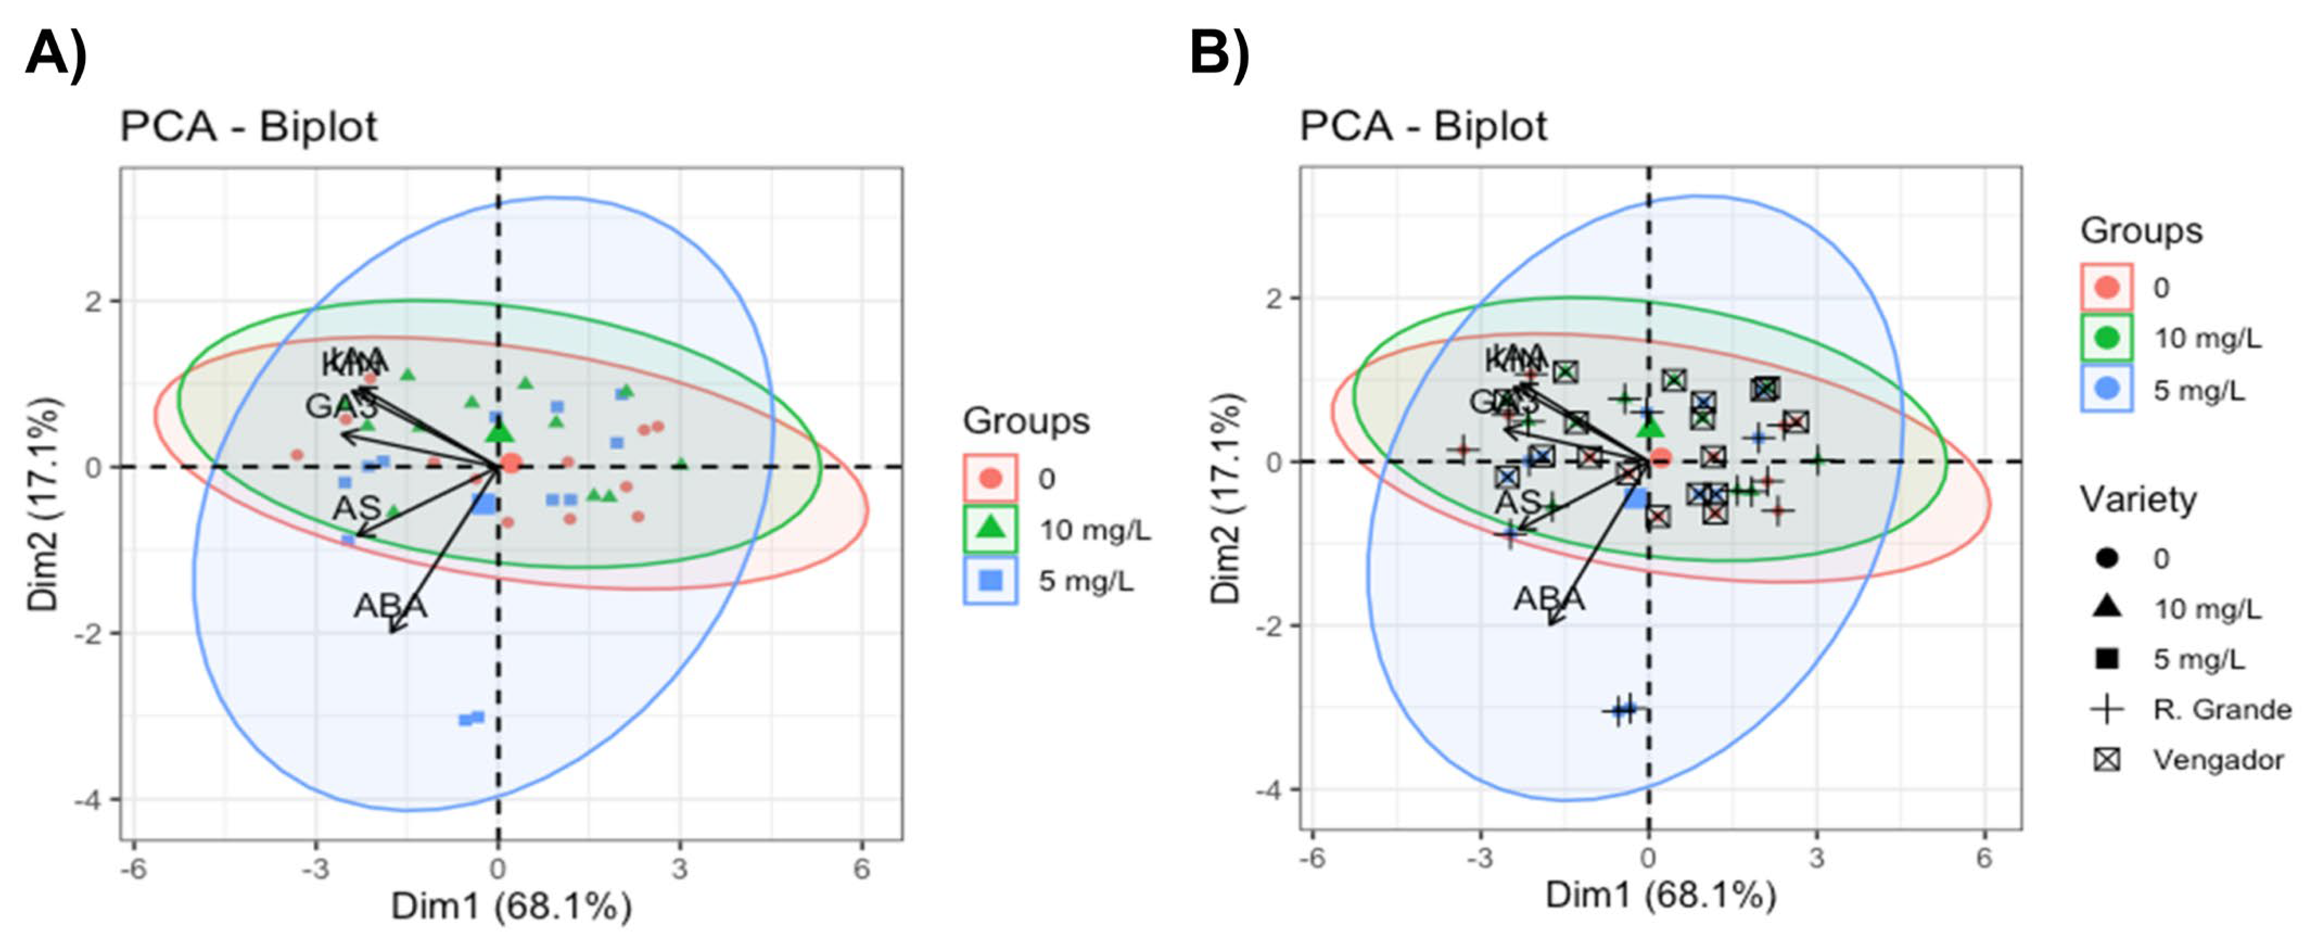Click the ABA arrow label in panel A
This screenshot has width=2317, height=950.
coord(390,605)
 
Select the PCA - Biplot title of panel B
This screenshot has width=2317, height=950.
coord(1422,126)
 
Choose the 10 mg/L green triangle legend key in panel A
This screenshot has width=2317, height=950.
coord(990,529)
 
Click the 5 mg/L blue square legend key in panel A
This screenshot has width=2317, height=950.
coord(990,580)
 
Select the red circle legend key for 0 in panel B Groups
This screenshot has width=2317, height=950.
coord(2106,288)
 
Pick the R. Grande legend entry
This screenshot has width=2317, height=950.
coord(2221,710)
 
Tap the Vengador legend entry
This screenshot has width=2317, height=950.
coord(2218,760)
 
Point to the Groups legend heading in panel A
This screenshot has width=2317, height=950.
coord(1026,421)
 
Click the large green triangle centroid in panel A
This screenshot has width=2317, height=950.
coord(500,433)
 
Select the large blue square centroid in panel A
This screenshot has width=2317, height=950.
coord(485,503)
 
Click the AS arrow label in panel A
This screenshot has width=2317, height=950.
coord(357,508)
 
